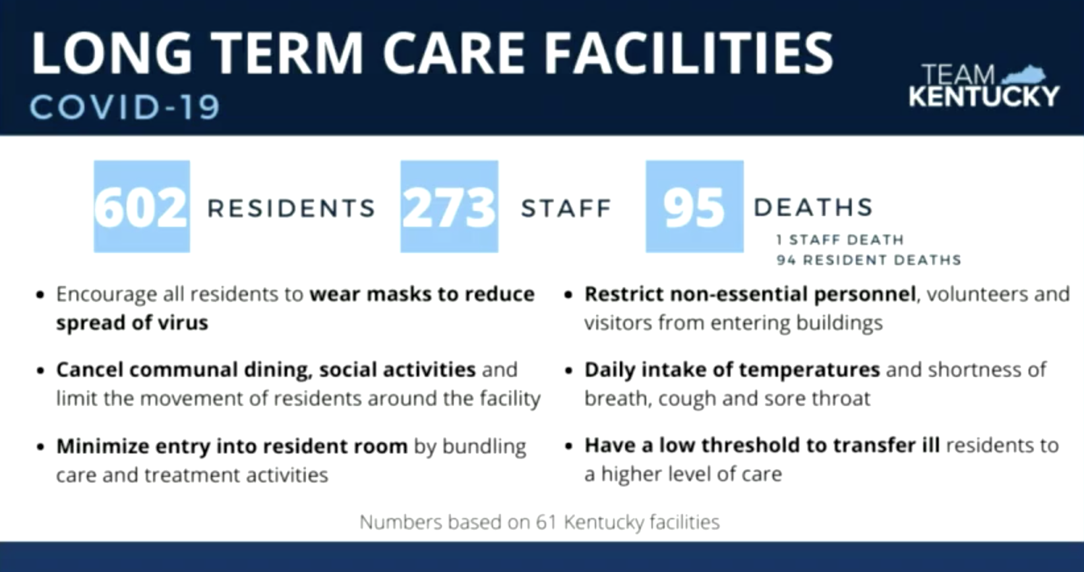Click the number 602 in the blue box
coord(140,208)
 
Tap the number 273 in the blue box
coord(449,208)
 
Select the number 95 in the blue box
coord(694,208)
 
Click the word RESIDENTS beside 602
coord(291,208)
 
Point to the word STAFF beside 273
coord(566,208)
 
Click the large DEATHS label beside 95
coord(814,208)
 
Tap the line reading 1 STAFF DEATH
coord(840,240)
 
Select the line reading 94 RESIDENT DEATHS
coord(868,260)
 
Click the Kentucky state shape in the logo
coord(1023,75)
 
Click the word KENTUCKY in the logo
coord(984,96)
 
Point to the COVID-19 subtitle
coord(125,107)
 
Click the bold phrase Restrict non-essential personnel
coord(750,294)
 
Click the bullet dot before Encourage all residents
coord(41,295)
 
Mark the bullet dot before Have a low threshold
coord(569,445)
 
